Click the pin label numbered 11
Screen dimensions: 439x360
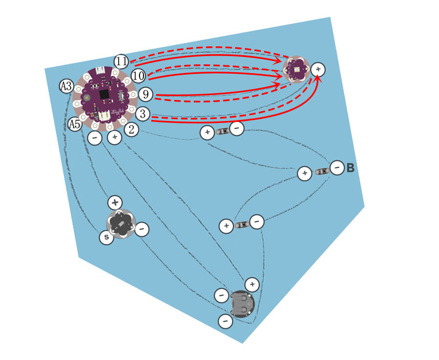(121, 61)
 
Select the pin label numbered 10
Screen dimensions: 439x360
(139, 76)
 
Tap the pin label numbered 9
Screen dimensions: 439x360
(145, 94)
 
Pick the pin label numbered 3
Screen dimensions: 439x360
(143, 114)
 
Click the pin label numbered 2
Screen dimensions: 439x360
(131, 130)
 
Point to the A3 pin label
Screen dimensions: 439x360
(67, 86)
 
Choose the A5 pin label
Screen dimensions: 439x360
(75, 124)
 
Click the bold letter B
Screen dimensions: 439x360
(351, 168)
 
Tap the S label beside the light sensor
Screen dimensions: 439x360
(107, 238)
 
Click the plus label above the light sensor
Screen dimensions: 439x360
(115, 202)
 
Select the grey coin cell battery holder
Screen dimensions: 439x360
(242, 304)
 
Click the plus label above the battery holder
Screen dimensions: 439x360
(252, 284)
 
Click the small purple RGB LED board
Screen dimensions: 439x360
(296, 69)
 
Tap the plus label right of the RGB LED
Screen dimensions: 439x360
(318, 69)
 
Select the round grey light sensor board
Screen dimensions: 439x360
(121, 224)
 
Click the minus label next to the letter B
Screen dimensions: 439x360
(337, 168)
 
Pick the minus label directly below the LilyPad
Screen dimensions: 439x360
(95, 138)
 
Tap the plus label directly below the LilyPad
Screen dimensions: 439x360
(115, 137)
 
